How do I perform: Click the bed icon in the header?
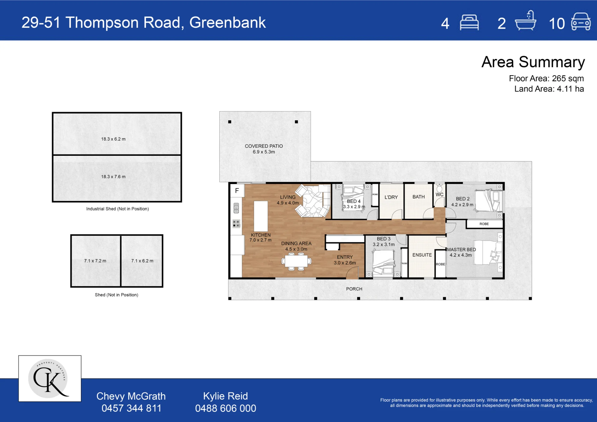(469, 23)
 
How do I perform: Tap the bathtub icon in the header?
(526, 21)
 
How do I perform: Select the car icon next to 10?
(581, 21)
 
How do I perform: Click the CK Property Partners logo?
(50, 378)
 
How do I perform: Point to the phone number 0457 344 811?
(131, 408)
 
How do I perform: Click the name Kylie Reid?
(225, 396)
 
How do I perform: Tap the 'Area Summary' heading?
(533, 62)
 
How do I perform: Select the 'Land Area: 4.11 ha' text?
(549, 89)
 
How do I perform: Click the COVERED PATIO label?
(264, 146)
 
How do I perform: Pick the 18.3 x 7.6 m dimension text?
(113, 177)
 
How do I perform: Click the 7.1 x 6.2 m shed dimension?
(142, 261)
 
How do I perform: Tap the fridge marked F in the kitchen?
(237, 191)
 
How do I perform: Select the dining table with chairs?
(296, 261)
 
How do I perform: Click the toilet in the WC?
(439, 188)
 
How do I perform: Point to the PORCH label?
(354, 289)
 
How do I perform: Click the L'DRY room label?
(391, 197)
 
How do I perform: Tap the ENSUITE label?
(422, 255)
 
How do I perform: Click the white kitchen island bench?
(261, 216)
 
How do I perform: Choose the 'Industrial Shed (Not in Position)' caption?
(118, 209)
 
